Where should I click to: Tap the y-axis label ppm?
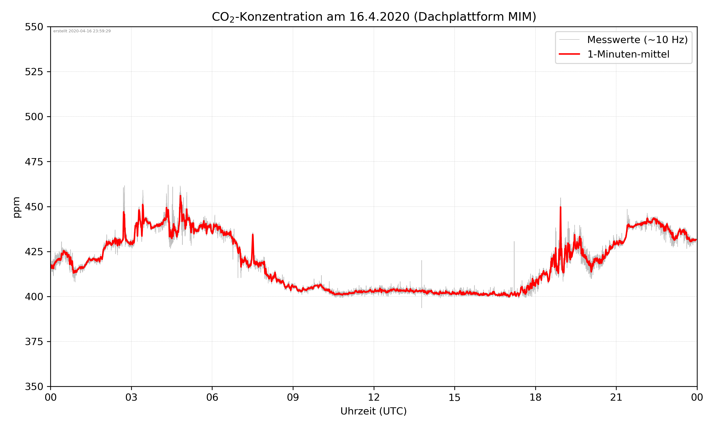click(x=17, y=207)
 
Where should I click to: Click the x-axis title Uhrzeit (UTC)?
click(x=373, y=411)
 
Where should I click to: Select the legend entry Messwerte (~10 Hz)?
click(x=637, y=40)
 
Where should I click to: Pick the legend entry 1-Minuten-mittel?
click(x=628, y=54)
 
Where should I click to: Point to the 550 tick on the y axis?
click(x=34, y=27)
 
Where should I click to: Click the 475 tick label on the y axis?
click(x=34, y=162)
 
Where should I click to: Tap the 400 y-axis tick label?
click(x=34, y=297)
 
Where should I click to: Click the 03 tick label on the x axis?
click(x=131, y=397)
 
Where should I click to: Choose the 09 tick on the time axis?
click(x=293, y=397)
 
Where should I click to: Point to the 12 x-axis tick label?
click(x=374, y=397)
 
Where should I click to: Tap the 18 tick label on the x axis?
click(x=535, y=397)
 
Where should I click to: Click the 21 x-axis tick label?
click(x=616, y=397)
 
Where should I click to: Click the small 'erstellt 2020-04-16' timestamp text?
click(x=82, y=31)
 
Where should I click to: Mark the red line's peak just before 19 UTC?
click(x=560, y=207)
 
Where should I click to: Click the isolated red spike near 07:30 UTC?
click(x=253, y=235)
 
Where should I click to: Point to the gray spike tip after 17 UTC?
click(x=514, y=242)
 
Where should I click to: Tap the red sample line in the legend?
click(x=569, y=54)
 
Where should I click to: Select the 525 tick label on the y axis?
click(x=34, y=72)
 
